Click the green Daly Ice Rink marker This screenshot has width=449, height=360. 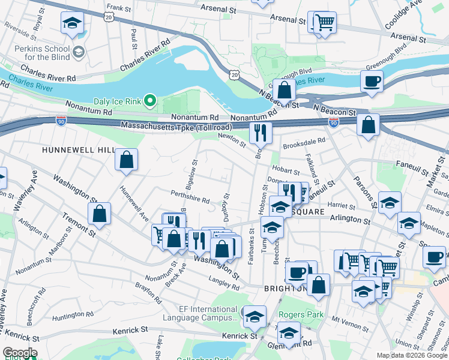coord(151,100)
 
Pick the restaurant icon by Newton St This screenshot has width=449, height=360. coord(261,133)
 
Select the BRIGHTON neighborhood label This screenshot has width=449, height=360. coord(286,289)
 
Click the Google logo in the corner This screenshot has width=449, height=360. coord(20,353)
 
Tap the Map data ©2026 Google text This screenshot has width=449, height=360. coord(412,355)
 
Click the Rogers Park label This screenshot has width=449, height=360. coord(301,314)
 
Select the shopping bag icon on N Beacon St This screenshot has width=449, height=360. coord(285,90)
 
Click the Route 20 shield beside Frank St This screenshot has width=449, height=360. coord(108,18)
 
